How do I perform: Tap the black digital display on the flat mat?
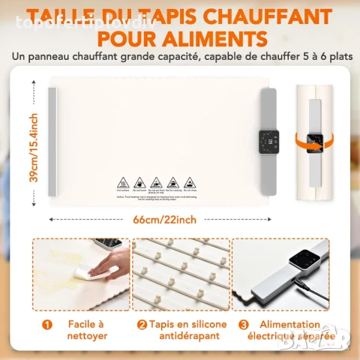click(268, 139)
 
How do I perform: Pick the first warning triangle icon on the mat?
click(124, 181)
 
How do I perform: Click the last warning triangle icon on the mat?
click(190, 181)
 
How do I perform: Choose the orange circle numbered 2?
click(142, 325)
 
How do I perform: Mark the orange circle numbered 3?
click(243, 325)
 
